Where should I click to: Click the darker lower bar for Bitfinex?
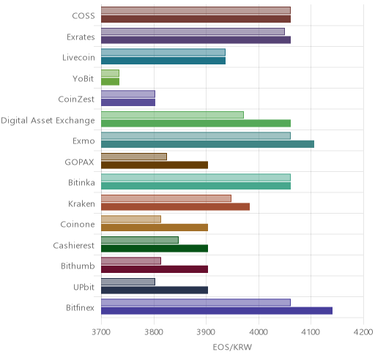click(217, 311)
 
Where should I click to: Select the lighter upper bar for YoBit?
click(110, 73)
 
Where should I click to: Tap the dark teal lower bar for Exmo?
click(208, 144)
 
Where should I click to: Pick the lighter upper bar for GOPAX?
click(134, 157)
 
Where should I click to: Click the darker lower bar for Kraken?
click(176, 207)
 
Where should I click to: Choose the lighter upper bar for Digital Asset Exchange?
click(172, 115)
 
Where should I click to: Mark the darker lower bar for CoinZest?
click(128, 102)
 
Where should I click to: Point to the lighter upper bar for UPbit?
click(128, 282)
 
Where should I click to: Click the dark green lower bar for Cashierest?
click(155, 249)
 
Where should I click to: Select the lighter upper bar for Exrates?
click(193, 31)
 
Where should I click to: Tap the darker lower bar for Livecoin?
click(163, 61)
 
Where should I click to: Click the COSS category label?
click(83, 16)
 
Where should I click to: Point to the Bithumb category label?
click(78, 266)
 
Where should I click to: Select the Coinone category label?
click(78, 224)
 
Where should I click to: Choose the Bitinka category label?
click(81, 182)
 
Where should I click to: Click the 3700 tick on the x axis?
click(101, 332)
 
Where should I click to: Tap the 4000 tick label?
click(259, 332)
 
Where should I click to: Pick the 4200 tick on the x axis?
click(363, 332)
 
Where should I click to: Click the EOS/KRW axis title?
click(232, 347)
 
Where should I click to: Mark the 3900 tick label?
click(206, 332)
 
